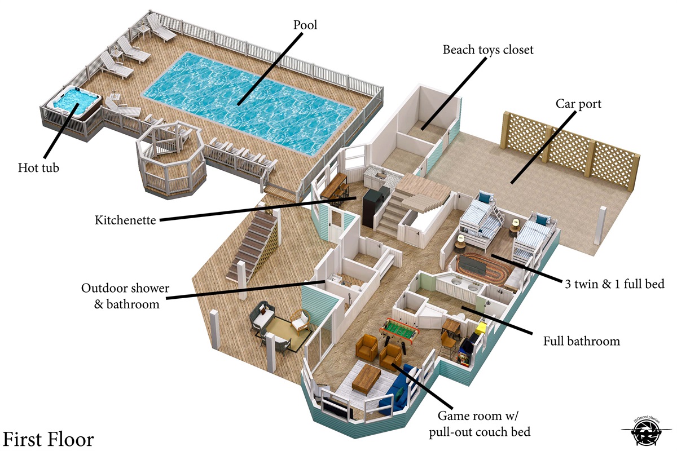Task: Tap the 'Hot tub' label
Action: (38, 167)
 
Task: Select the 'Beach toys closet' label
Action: (488, 50)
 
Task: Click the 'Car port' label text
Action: (578, 104)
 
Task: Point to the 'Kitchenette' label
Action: (125, 220)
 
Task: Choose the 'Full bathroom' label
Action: (582, 341)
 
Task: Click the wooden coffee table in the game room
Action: (368, 376)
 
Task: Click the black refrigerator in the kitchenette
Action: (373, 208)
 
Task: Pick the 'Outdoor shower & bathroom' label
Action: (125, 296)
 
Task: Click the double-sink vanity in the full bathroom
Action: (460, 285)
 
